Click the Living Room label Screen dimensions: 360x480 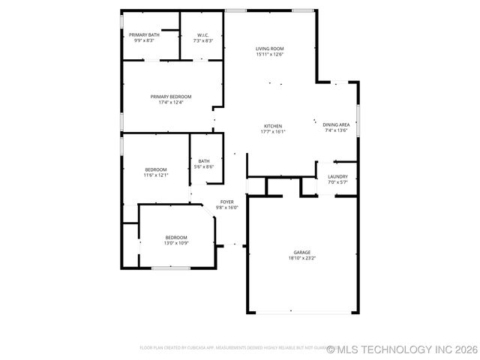tap(270, 48)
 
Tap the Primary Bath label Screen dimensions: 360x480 tap(144, 34)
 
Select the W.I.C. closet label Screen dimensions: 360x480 tap(203, 34)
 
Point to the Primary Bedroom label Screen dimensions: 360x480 tap(171, 96)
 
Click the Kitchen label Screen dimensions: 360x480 tap(272, 125)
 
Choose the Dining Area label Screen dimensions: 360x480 tap(336, 124)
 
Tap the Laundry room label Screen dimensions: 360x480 tap(337, 177)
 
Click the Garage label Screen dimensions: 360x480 tap(302, 252)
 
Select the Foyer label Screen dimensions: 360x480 tap(226, 202)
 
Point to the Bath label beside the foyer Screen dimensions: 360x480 tap(204, 160)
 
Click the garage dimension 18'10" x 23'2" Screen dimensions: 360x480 tap(302, 258)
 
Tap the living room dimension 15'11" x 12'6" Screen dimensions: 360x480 tap(270, 54)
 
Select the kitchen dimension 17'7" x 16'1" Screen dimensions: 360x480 tap(272, 131)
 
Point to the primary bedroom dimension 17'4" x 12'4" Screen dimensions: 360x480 tap(171, 102)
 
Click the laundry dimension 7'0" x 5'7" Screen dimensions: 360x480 tap(337, 182)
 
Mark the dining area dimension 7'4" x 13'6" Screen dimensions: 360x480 tap(336, 130)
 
